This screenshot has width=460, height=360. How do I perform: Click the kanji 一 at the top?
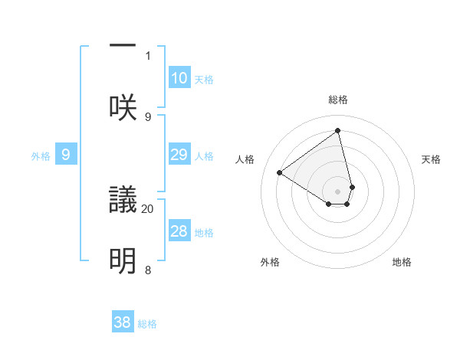pos(123,46)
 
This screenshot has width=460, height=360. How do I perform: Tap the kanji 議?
pos(123,201)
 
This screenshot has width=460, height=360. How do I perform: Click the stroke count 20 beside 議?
pos(148,208)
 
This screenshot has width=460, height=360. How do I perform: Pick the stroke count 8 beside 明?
pos(148,270)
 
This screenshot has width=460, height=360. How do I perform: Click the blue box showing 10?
pos(179,78)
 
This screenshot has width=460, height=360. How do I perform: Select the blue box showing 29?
pos(179,155)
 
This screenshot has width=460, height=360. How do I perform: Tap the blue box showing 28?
pos(179,231)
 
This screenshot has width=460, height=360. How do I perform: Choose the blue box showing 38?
pos(123,322)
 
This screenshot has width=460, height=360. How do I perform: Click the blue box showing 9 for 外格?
pos(66,155)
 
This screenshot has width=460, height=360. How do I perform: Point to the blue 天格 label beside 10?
pos(204,80)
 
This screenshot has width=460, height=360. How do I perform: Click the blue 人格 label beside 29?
pos(204,156)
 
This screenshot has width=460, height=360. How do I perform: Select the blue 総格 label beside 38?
pos(147,324)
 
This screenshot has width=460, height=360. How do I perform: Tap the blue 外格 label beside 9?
pos(41,156)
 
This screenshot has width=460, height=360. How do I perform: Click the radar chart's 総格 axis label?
pos(338,100)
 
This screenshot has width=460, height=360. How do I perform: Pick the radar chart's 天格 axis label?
pos(432,159)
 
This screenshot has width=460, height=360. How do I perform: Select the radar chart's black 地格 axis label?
pos(402,262)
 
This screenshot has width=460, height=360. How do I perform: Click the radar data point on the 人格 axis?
pos(280,173)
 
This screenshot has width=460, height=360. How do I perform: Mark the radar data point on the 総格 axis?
pos(338,131)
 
